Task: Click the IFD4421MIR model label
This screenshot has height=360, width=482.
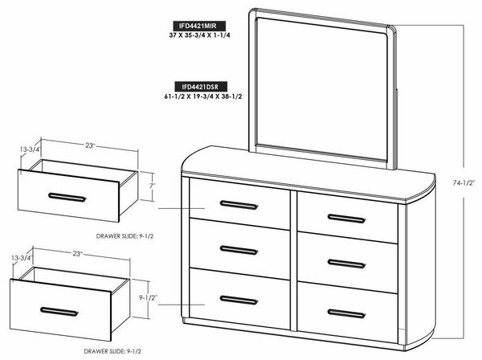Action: coord(198,26)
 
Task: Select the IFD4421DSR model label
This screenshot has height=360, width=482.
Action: coord(201,87)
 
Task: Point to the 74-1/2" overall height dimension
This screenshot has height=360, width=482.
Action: coord(464,182)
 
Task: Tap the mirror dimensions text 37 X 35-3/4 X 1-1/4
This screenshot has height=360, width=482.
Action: coord(199,35)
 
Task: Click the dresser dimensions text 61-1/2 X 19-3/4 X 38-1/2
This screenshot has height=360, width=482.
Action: coord(203,96)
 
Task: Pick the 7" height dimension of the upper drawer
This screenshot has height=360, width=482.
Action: coord(153,186)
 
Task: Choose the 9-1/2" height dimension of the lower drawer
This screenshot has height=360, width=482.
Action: coord(148,297)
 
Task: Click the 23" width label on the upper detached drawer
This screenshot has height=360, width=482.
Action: coord(90,145)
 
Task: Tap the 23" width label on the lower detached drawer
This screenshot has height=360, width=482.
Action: coord(78,254)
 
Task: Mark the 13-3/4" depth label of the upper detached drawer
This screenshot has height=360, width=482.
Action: coord(31,149)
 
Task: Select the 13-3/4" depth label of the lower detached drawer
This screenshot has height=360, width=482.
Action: coord(22,258)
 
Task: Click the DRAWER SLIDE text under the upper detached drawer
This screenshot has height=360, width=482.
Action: coord(125,236)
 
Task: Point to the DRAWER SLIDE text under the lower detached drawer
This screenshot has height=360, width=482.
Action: coord(112,351)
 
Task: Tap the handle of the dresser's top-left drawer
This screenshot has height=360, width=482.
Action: coord(239,205)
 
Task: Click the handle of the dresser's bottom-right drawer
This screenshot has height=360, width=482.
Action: coord(346,313)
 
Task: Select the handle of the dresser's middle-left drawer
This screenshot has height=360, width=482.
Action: coord(239,250)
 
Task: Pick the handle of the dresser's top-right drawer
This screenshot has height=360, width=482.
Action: coord(346,219)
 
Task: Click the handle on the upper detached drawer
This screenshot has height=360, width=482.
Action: coord(67,198)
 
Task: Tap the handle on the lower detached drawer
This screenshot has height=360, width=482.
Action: coord(59,312)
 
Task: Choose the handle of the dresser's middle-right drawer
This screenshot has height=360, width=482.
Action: coord(346,264)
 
